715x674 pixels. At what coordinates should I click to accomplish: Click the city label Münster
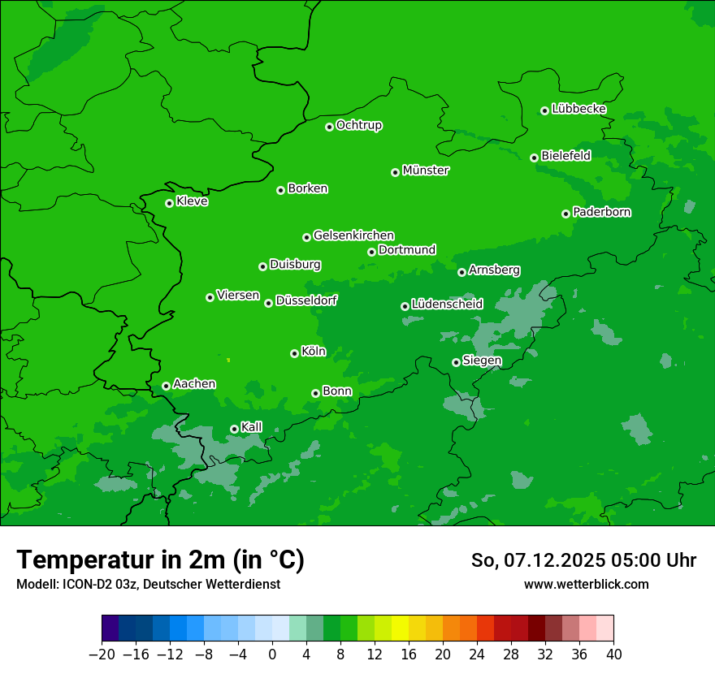426,171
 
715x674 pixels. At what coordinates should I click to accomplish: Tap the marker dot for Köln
294,353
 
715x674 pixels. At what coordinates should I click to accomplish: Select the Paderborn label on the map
601,212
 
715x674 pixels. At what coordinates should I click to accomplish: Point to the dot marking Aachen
166,386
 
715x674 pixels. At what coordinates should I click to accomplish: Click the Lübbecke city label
578,109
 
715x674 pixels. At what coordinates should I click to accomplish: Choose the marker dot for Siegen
456,362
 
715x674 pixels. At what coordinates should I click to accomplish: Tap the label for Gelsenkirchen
353,235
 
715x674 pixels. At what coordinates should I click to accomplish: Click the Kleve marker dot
169,203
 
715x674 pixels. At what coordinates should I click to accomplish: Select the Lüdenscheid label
447,305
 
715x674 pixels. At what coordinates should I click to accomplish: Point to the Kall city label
252,427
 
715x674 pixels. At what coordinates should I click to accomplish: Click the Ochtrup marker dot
329,126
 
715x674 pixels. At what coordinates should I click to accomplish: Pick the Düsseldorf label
306,300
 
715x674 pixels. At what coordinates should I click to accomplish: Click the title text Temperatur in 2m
160,560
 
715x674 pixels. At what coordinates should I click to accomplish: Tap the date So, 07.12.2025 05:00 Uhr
583,560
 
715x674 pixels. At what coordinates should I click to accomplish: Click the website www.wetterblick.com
586,584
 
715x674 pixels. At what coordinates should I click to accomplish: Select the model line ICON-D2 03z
148,584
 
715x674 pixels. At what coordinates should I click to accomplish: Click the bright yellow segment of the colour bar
400,629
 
